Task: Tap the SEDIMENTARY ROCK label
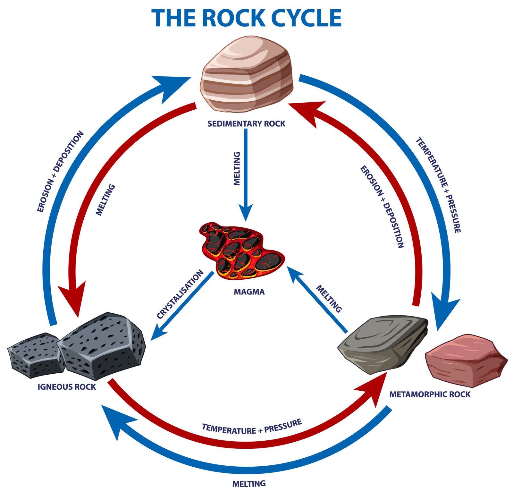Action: [246, 123]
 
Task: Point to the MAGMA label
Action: [249, 292]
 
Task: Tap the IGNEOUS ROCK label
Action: [67, 387]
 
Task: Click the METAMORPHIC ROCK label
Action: [430, 394]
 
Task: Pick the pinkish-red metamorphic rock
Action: [465, 361]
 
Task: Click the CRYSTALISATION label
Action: [180, 294]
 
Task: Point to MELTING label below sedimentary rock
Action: [237, 168]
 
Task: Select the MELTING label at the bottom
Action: [249, 483]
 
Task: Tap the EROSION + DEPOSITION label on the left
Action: [60, 172]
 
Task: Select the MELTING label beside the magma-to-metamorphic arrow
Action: [329, 299]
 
